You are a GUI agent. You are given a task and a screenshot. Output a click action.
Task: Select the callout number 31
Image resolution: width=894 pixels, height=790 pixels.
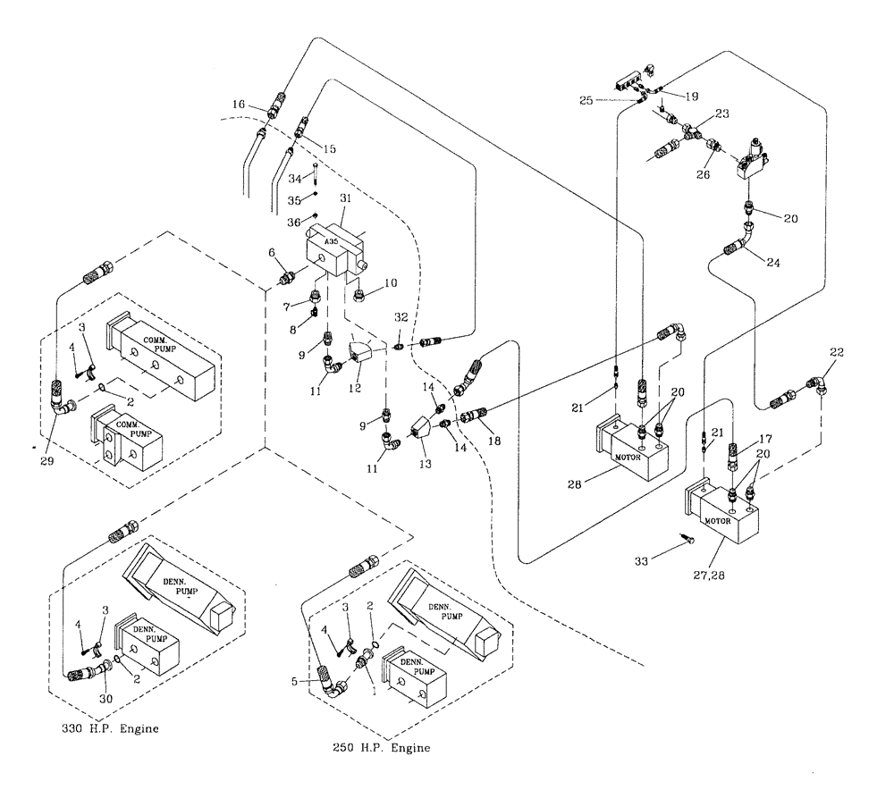pos(347,197)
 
